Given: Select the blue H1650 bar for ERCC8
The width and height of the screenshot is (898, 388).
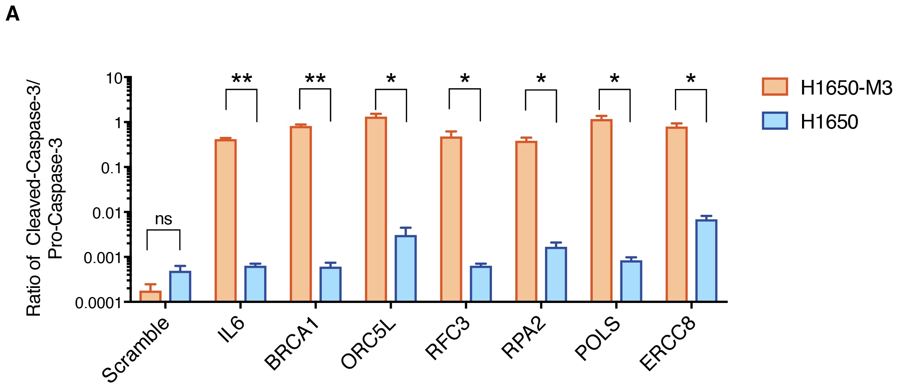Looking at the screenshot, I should (706, 261).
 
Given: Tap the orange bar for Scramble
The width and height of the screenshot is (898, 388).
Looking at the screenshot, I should (150, 296).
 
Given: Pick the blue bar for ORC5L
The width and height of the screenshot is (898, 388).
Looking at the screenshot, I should (406, 269).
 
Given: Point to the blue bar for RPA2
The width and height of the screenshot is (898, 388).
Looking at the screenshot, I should (556, 274).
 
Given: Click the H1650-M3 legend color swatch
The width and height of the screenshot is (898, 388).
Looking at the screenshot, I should (775, 87).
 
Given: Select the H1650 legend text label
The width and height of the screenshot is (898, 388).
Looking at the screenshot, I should (829, 122).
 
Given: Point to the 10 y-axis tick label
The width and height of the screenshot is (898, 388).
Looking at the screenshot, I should (115, 78).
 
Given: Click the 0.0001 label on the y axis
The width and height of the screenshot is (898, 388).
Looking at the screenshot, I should (98, 303).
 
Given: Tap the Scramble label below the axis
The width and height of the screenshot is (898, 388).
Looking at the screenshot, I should (136, 350).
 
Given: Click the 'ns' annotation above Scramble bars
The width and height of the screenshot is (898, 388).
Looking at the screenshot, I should (163, 219).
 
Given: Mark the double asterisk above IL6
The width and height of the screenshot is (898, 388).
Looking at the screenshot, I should (242, 79).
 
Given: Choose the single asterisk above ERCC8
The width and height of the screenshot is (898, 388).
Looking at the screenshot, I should (691, 79).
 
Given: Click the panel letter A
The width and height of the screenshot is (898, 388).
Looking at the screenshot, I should (13, 15).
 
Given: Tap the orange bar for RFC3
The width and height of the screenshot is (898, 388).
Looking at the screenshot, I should (451, 219).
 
